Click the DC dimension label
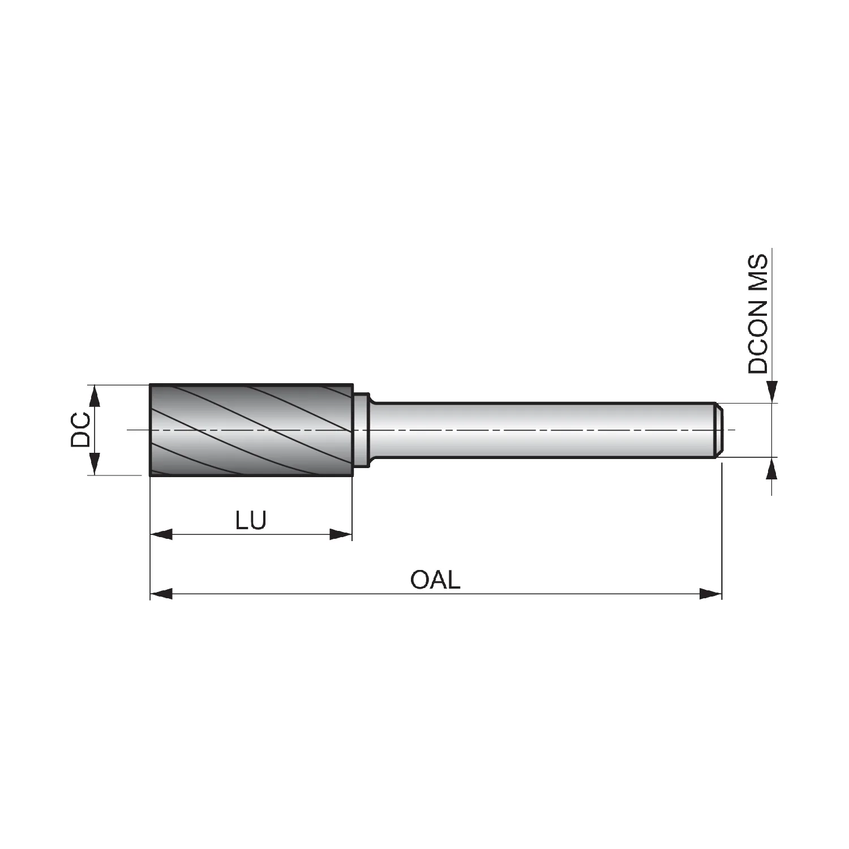tap(80, 430)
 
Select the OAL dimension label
tap(435, 580)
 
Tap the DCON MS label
tap(758, 314)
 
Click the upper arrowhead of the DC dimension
tap(95, 396)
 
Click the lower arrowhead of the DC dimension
tap(95, 464)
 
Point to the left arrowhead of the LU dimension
tap(161, 534)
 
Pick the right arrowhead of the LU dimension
tap(341, 534)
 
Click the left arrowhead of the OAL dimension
tap(161, 594)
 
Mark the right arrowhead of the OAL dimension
tap(711, 594)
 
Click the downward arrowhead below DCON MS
tap(772, 392)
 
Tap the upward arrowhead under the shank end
tap(772, 468)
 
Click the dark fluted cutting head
tap(251, 430)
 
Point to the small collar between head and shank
tap(362, 430)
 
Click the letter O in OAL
tap(419, 580)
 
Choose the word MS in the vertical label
tap(758, 272)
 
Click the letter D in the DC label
tap(80, 439)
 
